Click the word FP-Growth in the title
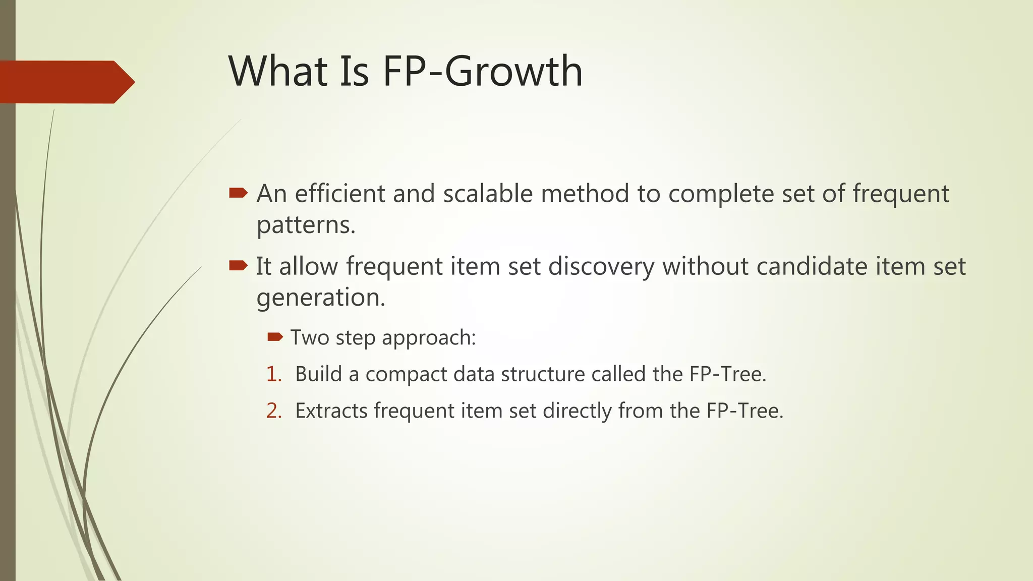(482, 71)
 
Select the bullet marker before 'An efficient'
(238, 193)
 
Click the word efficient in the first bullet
(340, 194)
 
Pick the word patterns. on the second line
(306, 225)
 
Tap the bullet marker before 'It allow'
(238, 265)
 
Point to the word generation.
(321, 298)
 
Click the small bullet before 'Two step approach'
(275, 337)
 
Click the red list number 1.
(273, 374)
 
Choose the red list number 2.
(273, 411)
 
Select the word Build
(318, 374)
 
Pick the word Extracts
(331, 411)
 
